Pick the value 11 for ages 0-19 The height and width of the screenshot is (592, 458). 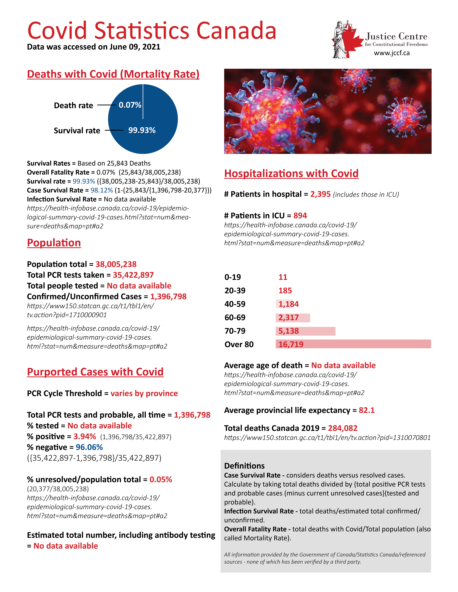283,277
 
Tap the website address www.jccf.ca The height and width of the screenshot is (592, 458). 392,53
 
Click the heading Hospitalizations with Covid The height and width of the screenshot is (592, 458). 291,173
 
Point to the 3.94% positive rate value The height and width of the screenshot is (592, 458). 85,436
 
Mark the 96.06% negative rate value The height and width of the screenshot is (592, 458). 89,447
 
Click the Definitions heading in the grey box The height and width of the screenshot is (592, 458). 244,466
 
